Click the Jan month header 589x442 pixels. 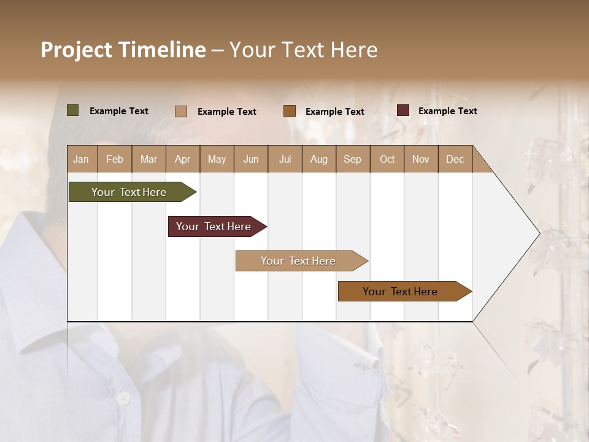click(82, 159)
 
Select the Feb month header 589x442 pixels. click(115, 159)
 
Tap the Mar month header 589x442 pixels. click(148, 159)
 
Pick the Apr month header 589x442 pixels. click(183, 159)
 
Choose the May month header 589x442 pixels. click(217, 159)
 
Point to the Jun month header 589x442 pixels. click(251, 159)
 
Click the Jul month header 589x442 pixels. click(285, 159)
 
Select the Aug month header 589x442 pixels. click(319, 159)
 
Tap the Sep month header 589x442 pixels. click(353, 159)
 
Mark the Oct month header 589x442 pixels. click(387, 159)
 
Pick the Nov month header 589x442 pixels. click(421, 159)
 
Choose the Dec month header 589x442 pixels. click(455, 159)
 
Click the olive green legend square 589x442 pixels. click(73, 110)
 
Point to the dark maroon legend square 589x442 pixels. click(403, 110)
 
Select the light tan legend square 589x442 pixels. click(181, 111)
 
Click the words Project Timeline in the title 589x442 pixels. click(123, 50)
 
